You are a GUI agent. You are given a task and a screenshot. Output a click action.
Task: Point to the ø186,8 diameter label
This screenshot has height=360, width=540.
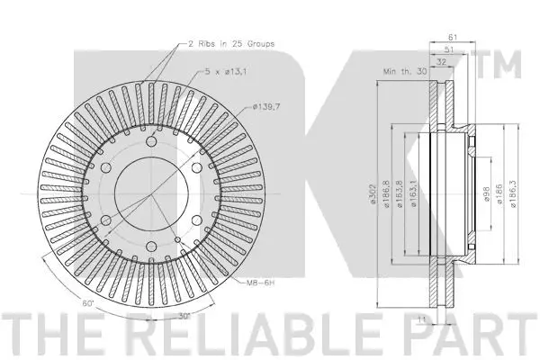point(385,192)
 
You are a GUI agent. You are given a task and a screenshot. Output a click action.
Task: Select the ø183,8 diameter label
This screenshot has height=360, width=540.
point(400,192)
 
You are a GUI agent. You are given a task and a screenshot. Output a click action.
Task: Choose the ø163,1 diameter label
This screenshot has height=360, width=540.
point(413,192)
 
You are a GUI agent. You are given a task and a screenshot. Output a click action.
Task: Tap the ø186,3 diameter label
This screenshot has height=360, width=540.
point(511,192)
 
